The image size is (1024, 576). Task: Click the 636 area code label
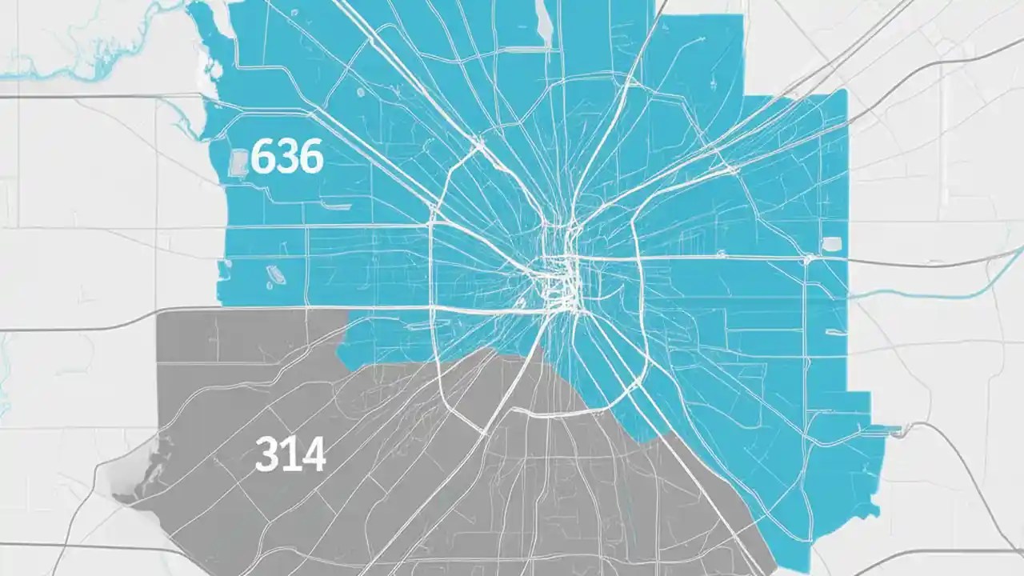click(x=286, y=158)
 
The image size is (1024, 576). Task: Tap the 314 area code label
click(x=290, y=455)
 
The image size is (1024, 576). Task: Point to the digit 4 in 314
click(x=313, y=455)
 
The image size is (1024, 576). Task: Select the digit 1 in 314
click(x=290, y=455)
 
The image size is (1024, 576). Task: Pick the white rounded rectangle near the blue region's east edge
click(x=831, y=244)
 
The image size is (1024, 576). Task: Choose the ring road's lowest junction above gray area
click(x=484, y=432)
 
